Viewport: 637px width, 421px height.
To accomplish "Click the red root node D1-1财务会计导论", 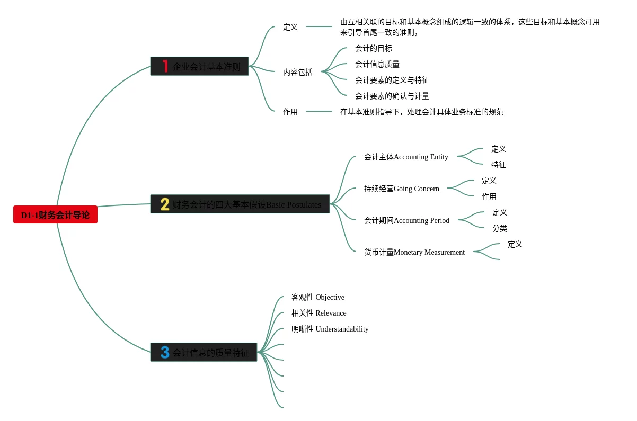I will pos(55,215).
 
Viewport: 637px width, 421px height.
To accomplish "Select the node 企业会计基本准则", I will pos(206,67).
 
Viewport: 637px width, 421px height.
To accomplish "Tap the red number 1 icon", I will pos(165,66).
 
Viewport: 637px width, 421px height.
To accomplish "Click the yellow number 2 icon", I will pos(165,204).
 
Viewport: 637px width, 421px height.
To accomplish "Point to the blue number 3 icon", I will pos(165,352).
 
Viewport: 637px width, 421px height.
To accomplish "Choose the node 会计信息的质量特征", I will pos(210,353).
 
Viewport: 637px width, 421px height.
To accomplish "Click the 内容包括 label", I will pos(297,72).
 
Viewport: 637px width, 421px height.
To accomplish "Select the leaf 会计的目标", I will pos(373,48).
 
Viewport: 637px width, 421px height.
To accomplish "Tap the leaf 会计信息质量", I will pos(377,64).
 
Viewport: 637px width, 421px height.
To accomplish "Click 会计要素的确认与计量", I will pos(392,96).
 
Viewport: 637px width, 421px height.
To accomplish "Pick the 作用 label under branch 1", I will pos(290,112).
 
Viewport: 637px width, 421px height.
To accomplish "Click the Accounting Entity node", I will pos(406,157).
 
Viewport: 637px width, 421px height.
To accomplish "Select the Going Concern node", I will pos(401,189).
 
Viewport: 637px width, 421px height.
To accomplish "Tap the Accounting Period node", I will pos(406,220).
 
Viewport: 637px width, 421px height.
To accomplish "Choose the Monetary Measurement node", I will pos(414,252).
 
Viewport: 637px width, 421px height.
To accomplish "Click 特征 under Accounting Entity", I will pos(498,165).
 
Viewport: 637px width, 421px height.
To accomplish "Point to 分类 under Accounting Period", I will pos(499,228).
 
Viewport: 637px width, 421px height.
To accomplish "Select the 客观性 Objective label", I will pos(317,297).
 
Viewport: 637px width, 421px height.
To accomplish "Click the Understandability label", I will pos(330,329).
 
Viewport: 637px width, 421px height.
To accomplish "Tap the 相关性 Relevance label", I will pos(318,313).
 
